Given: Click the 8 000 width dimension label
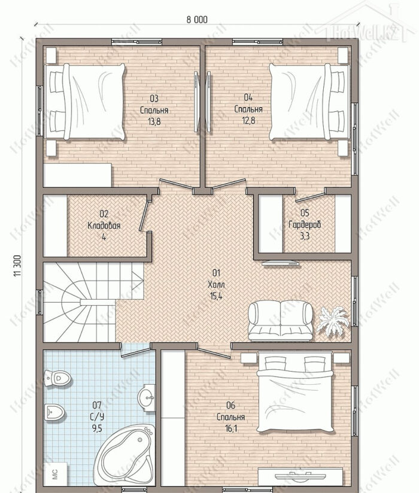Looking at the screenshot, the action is point(197,20).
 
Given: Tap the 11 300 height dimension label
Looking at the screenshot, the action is point(17,266).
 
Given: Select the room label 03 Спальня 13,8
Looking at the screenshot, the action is point(154,110).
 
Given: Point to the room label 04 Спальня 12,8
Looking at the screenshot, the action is point(248,109).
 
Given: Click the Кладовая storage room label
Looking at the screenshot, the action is point(104,226).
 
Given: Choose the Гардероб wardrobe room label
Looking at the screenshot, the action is point(305,224).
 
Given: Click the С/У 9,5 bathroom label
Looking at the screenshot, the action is point(97,417).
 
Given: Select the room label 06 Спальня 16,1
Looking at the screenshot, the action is point(231,417).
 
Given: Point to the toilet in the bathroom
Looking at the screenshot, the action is point(57,378).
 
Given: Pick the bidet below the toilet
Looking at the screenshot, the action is point(54,412).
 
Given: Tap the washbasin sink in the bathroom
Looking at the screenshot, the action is point(147,397).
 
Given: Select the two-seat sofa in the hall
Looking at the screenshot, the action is point(281,320).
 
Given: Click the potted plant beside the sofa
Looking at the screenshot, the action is point(333,322).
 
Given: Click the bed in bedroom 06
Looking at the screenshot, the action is point(294,392).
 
